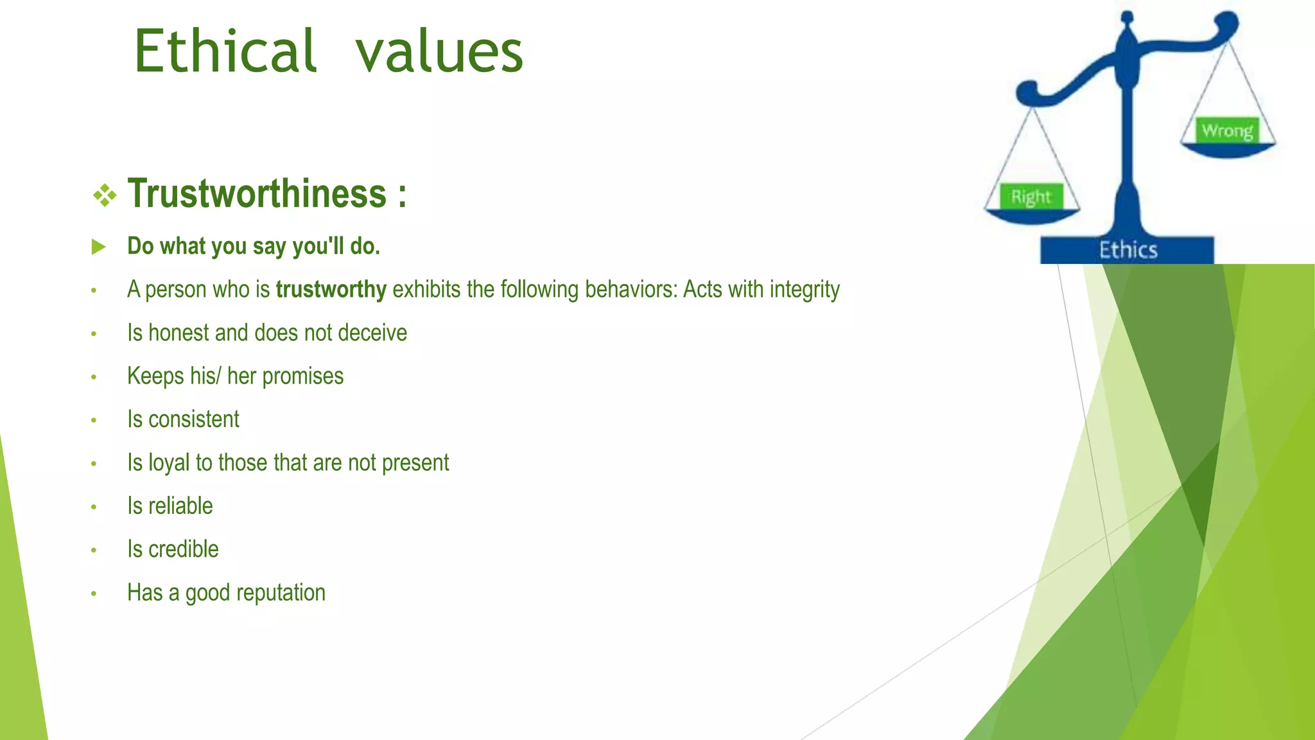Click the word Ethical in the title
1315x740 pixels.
point(225,51)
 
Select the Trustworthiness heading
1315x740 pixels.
point(257,193)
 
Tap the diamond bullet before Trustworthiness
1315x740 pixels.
point(105,195)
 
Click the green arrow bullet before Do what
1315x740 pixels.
point(98,247)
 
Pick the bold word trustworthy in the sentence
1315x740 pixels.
point(331,290)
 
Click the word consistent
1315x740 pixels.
point(194,419)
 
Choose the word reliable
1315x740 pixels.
point(180,506)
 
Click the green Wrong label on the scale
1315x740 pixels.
point(1227,130)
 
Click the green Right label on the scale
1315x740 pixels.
point(1031,197)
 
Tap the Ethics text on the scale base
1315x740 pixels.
point(1128,250)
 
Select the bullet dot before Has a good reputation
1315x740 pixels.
point(94,594)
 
